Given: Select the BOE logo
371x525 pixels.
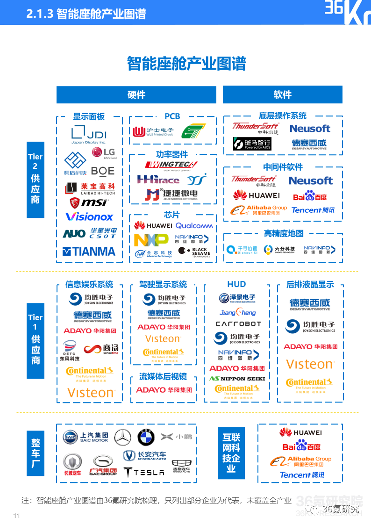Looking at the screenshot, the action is pyautogui.click(x=103, y=171).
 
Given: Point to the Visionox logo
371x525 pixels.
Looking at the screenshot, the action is pyautogui.click(x=89, y=217).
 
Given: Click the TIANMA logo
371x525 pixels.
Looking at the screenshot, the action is pyautogui.click(x=89, y=252).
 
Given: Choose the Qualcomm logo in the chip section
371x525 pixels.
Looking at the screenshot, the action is pyautogui.click(x=194, y=226).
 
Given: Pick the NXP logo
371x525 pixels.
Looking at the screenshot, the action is pyautogui.click(x=151, y=240).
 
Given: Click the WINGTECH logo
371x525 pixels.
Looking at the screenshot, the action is pyautogui.click(x=172, y=165).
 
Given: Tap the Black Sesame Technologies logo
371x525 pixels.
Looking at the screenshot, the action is pyautogui.click(x=195, y=252).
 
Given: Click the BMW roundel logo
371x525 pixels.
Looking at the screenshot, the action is pyautogui.click(x=146, y=437).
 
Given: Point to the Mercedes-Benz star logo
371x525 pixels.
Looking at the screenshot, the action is pyautogui.click(x=123, y=437).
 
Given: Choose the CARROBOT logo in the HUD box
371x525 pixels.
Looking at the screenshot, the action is pyautogui.click(x=238, y=324).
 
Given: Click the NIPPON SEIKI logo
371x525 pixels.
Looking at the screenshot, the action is pyautogui.click(x=237, y=379).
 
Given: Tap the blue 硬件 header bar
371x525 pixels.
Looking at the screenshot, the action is pyautogui.click(x=136, y=95).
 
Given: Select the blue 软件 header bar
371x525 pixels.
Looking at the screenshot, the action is pyautogui.click(x=282, y=95).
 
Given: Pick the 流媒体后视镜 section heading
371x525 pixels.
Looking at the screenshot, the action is pyautogui.click(x=163, y=376).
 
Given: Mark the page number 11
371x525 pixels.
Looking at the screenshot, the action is pyautogui.click(x=17, y=516).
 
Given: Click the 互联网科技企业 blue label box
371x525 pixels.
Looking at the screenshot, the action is pyautogui.click(x=231, y=453).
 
